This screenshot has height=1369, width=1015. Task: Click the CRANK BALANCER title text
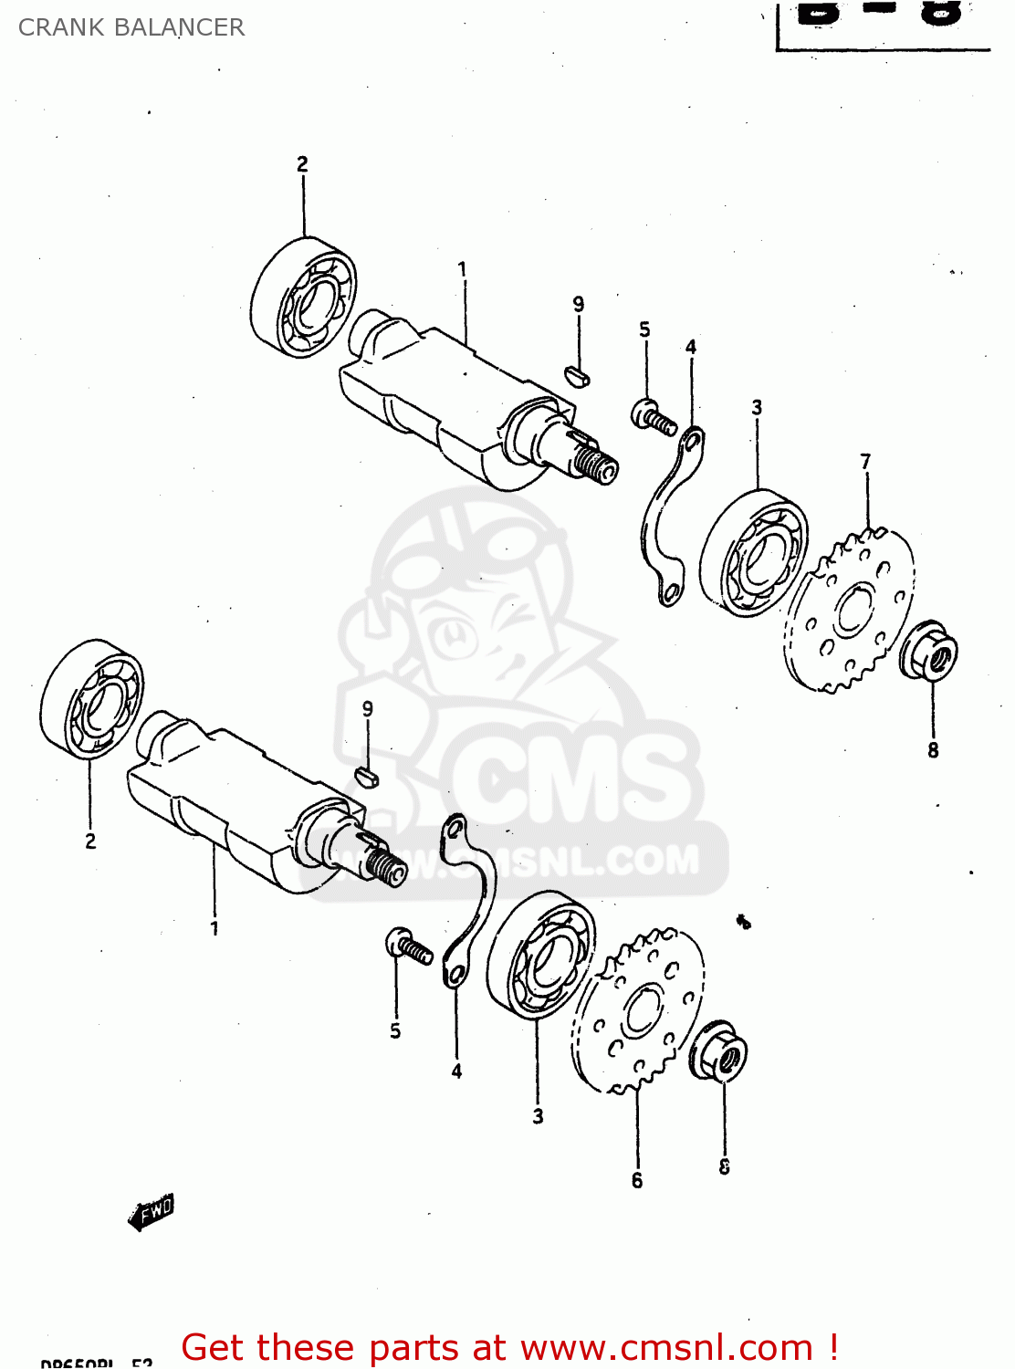point(131,27)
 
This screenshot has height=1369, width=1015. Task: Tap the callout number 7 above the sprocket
point(865,462)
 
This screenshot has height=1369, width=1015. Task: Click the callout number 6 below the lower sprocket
point(637,1180)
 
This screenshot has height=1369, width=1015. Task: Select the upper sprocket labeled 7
point(849,610)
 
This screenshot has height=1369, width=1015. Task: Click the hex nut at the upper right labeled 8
point(929,650)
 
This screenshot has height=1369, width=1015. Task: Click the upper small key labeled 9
point(578,374)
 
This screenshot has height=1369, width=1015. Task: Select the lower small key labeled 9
point(366,777)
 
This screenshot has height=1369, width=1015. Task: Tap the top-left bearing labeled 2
point(304,298)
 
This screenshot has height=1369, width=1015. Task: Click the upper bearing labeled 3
point(754,553)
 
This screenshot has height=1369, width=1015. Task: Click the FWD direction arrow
point(152,1213)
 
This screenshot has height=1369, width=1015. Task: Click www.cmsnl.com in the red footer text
point(666,1348)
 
